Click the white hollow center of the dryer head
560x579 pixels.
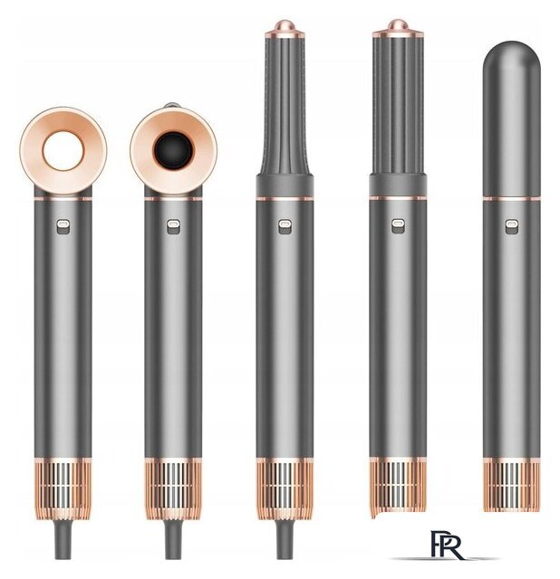coord(63,151)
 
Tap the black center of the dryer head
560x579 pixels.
coord(173,151)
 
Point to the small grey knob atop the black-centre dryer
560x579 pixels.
coord(173,105)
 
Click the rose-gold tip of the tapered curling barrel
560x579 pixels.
coord(284,29)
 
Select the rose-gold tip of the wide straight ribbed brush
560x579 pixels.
coord(398,29)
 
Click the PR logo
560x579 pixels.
coord(447,545)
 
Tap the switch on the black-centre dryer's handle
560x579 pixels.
coord(173,226)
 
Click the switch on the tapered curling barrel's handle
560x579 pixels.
coord(285,226)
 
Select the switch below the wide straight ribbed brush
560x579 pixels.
coord(398,226)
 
